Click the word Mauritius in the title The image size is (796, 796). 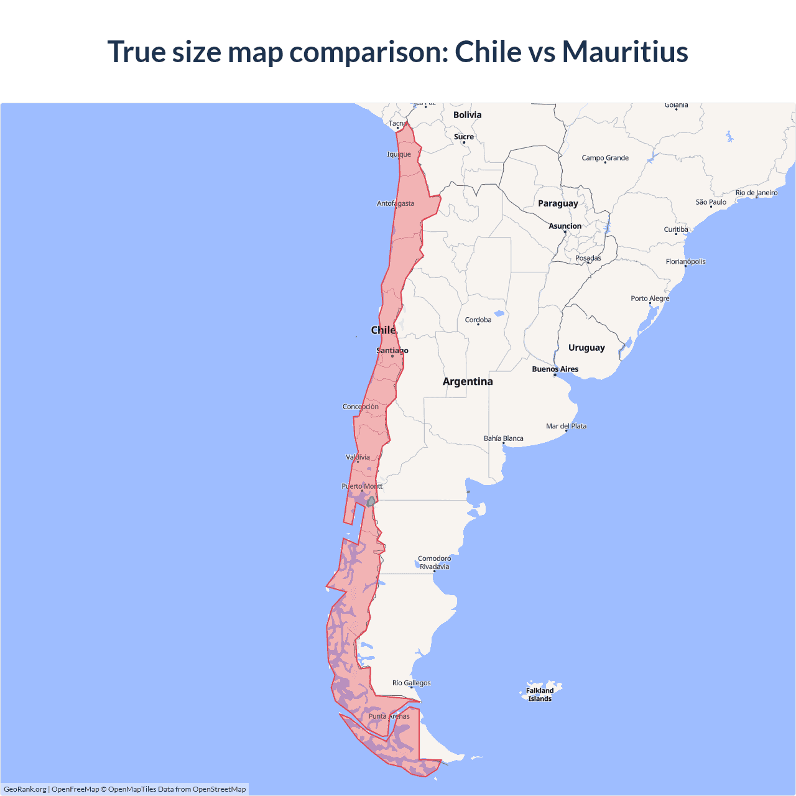(x=625, y=52)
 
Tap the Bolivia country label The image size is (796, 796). (x=467, y=115)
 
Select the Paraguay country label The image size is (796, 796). (x=558, y=203)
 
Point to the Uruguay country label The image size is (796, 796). (x=586, y=348)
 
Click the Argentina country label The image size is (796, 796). (x=468, y=381)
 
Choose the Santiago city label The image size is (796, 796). (x=392, y=351)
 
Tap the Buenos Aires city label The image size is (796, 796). (x=555, y=369)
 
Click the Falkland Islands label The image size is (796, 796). (x=540, y=695)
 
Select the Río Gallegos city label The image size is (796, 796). (x=411, y=683)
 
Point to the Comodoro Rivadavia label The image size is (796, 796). (x=434, y=562)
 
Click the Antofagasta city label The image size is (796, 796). (x=396, y=203)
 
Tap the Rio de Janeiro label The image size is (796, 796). (x=756, y=193)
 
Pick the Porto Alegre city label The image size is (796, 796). (x=650, y=298)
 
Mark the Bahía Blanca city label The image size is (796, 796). (x=504, y=438)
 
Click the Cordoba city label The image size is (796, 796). (x=478, y=320)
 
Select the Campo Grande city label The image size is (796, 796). (x=605, y=158)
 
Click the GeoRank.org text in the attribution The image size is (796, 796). (x=25, y=789)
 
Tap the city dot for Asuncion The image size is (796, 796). (x=565, y=232)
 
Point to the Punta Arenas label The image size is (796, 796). (x=389, y=716)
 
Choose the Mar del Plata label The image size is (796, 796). (x=566, y=426)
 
